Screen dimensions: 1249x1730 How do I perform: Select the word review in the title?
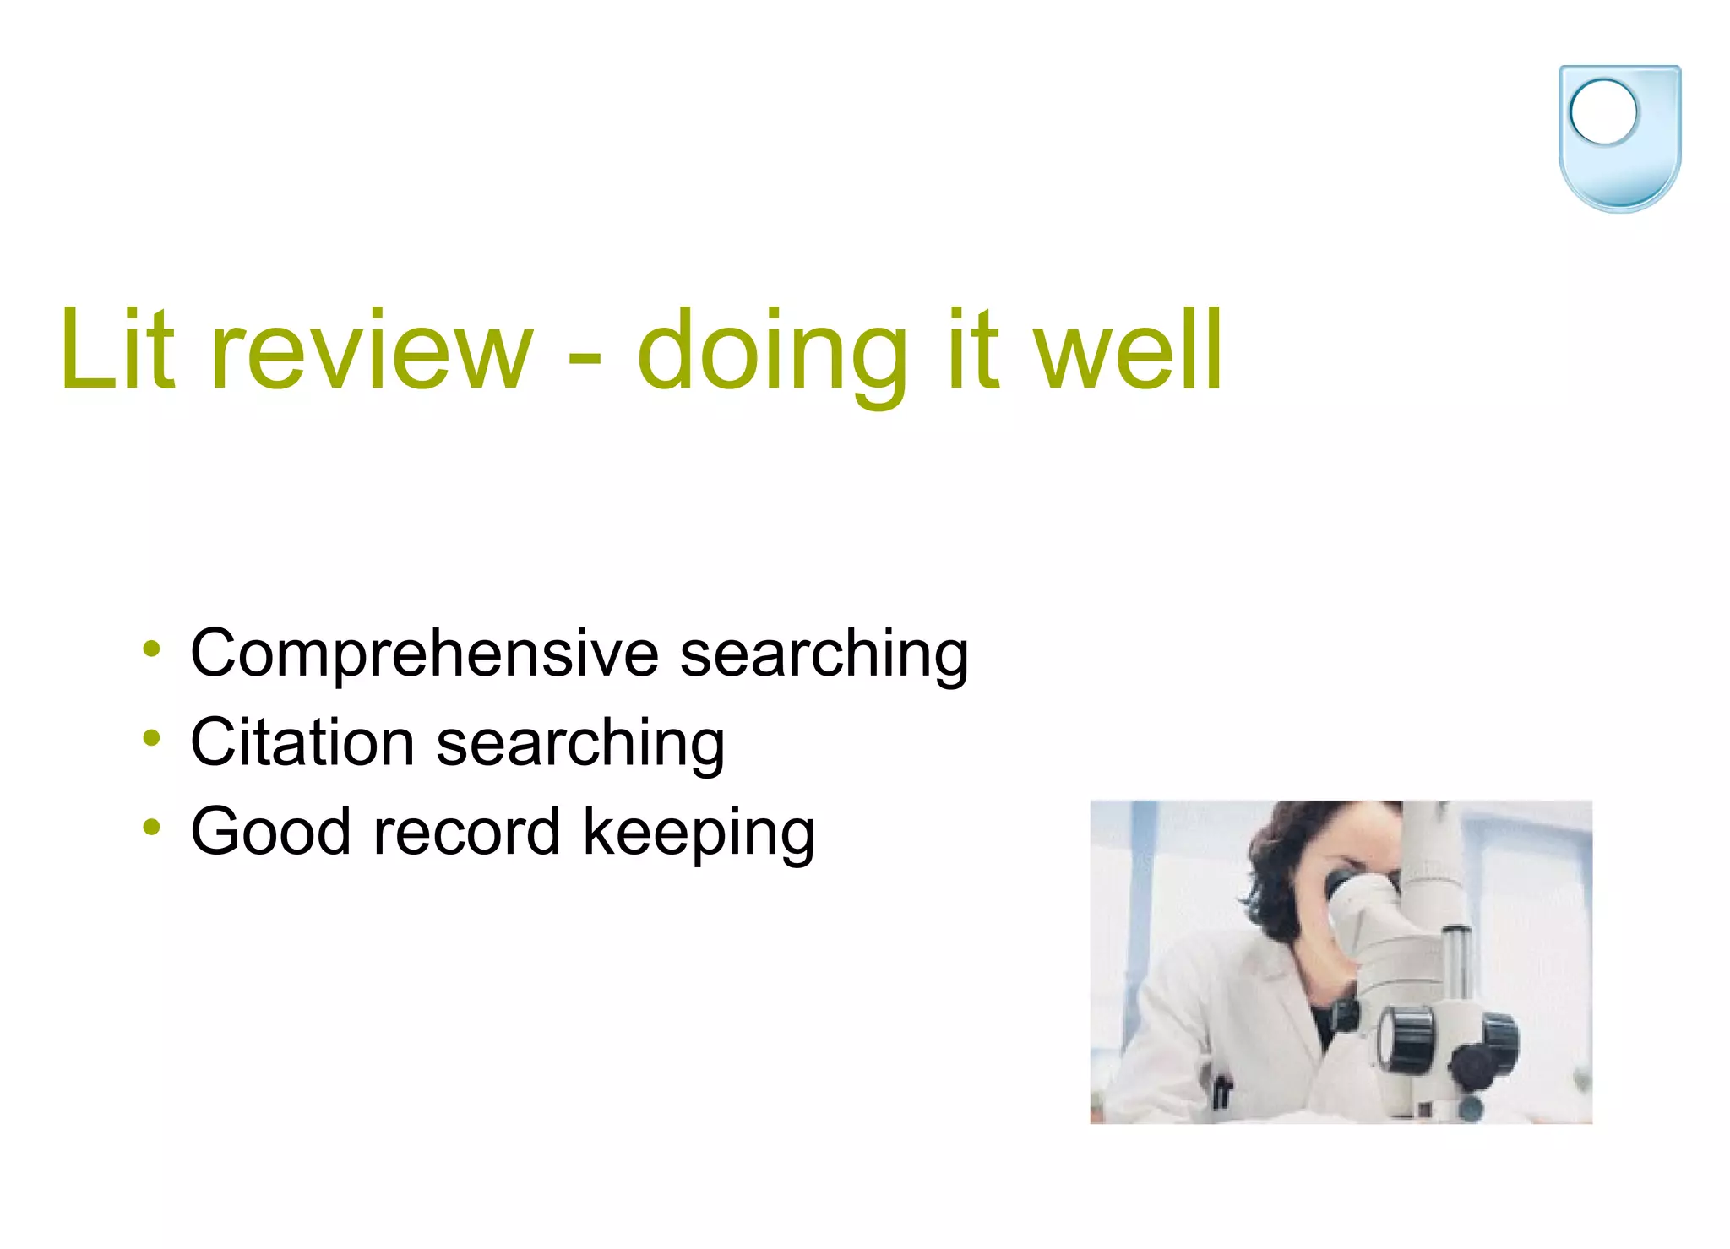[x=372, y=350]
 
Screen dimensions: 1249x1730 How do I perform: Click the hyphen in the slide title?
[x=585, y=359]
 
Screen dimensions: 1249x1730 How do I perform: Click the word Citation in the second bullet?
[x=302, y=742]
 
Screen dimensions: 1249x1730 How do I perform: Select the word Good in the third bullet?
[x=270, y=832]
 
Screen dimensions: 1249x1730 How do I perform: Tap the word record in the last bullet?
[x=466, y=832]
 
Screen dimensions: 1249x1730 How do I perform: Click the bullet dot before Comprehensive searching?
[x=151, y=649]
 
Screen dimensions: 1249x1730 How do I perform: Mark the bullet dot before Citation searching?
[x=151, y=738]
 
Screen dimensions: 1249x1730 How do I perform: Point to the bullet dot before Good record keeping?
[x=151, y=827]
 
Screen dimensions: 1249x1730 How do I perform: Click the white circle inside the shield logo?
[x=1602, y=111]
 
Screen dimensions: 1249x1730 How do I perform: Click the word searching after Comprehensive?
[x=824, y=655]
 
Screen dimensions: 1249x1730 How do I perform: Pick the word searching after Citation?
[x=580, y=744]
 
